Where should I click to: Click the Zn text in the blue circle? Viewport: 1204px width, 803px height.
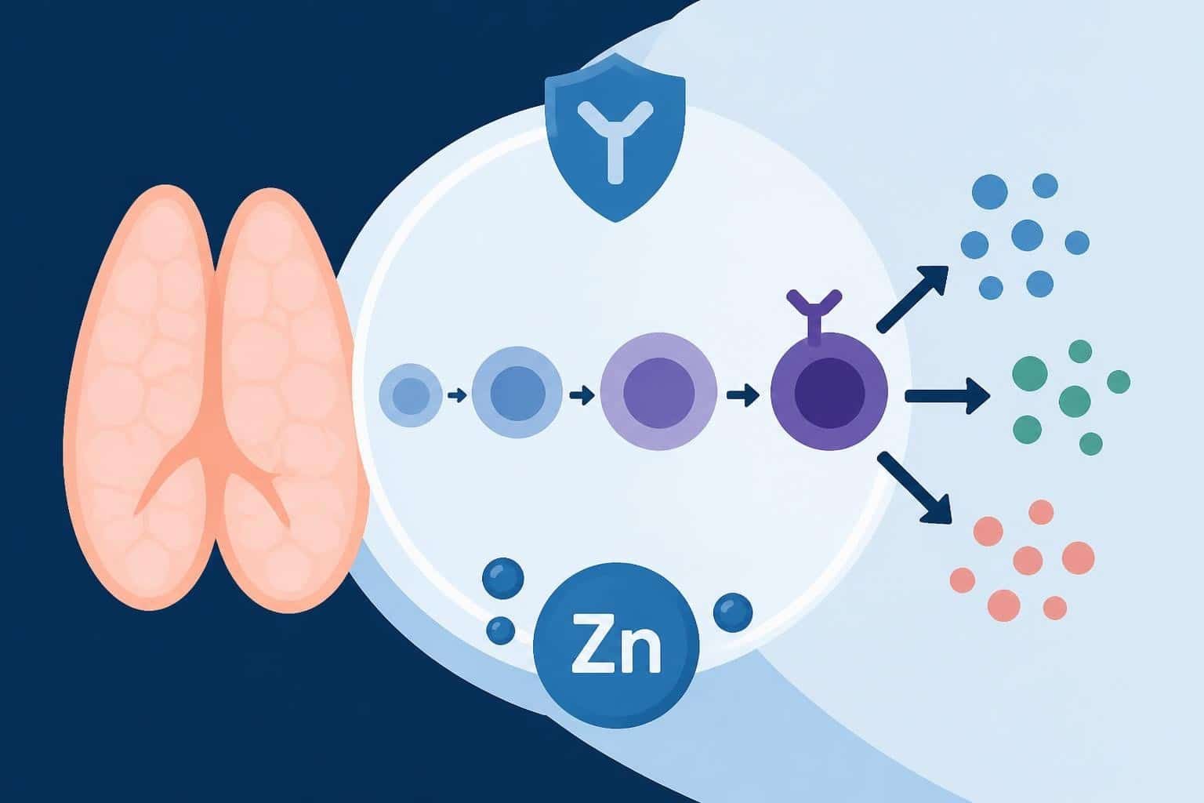pos(616,643)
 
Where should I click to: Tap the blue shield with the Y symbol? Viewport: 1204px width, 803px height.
pos(615,138)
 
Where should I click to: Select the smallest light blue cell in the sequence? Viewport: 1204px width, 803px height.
pos(411,395)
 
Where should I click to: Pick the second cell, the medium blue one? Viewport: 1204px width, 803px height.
pos(517,392)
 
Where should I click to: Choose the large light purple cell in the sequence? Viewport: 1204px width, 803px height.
pos(658,391)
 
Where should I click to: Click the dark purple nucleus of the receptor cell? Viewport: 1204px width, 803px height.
pos(829,393)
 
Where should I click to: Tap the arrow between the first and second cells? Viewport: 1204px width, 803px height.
pos(457,396)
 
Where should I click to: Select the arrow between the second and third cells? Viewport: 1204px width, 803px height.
pos(582,396)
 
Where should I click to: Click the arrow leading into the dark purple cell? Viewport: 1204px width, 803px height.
pos(743,395)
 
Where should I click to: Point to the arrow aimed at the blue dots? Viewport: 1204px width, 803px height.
pos(912,298)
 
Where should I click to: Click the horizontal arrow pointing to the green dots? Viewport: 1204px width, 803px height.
pos(947,396)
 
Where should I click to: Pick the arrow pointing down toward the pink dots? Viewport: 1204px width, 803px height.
pos(914,487)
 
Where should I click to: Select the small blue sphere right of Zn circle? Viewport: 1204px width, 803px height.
pos(733,612)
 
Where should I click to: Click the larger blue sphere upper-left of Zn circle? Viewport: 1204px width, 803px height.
pos(503,578)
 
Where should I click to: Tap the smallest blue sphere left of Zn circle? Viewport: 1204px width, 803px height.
pos(500,630)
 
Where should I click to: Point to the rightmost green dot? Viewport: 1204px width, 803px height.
pos(1119,382)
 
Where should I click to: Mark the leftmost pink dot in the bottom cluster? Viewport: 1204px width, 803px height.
pos(963,580)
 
